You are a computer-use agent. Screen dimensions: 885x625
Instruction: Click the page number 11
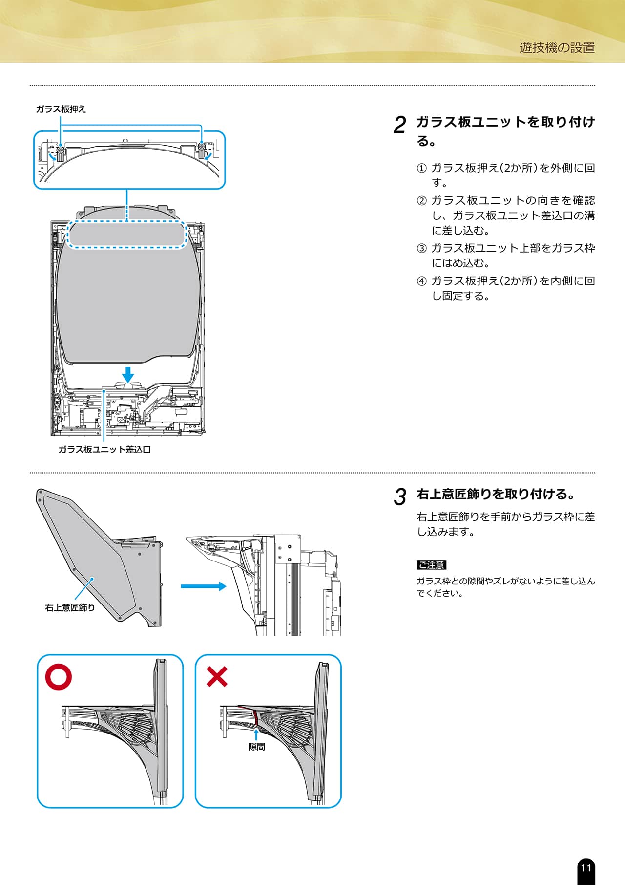[586, 868]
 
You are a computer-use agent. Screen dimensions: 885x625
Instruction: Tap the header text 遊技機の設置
[557, 47]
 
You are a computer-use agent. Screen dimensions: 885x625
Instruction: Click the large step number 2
[399, 125]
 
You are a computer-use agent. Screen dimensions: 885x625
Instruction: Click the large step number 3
[399, 497]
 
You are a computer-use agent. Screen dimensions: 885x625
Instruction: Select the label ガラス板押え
[61, 109]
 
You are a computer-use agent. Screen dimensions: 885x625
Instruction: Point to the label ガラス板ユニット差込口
[104, 449]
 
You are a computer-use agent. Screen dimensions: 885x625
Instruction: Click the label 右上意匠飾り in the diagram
[70, 607]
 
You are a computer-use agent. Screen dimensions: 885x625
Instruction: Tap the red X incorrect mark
[217, 677]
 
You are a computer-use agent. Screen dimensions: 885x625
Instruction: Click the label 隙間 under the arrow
[256, 747]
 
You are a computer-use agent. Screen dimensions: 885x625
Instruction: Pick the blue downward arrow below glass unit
[128, 374]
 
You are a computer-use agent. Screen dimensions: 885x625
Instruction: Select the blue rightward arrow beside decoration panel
[203, 586]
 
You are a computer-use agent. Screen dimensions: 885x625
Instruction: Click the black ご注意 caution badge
[431, 565]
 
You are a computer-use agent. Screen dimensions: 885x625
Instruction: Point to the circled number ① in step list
[421, 169]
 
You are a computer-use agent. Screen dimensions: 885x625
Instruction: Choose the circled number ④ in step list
[421, 281]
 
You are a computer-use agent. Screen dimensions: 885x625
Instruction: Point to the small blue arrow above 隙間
[256, 734]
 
